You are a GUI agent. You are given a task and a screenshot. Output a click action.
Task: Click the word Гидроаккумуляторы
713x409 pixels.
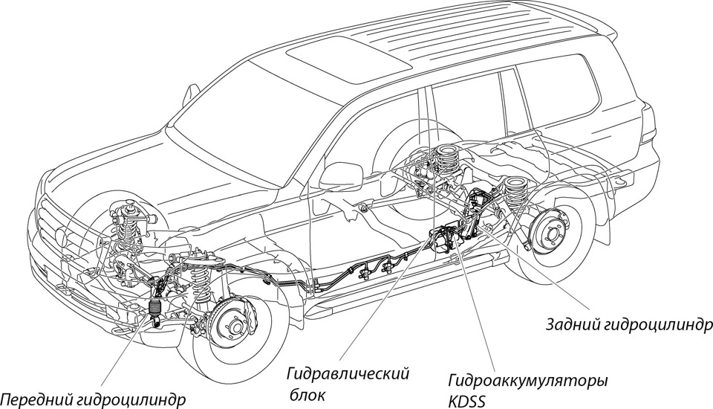tap(528, 381)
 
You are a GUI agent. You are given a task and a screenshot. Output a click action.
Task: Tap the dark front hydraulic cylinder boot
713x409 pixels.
tap(155, 307)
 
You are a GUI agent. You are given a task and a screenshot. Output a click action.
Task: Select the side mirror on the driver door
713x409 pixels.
tap(339, 176)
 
